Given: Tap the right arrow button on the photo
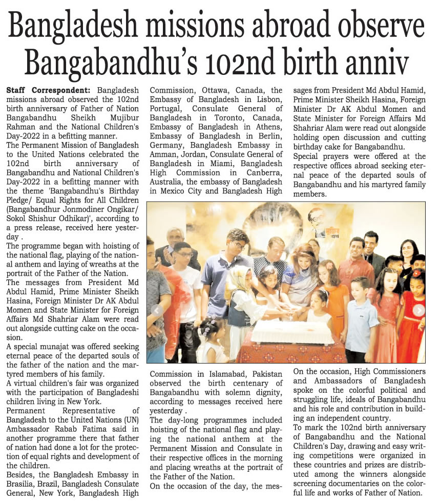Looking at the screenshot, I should coord(418,310).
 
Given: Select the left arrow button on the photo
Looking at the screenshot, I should coord(153,310).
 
